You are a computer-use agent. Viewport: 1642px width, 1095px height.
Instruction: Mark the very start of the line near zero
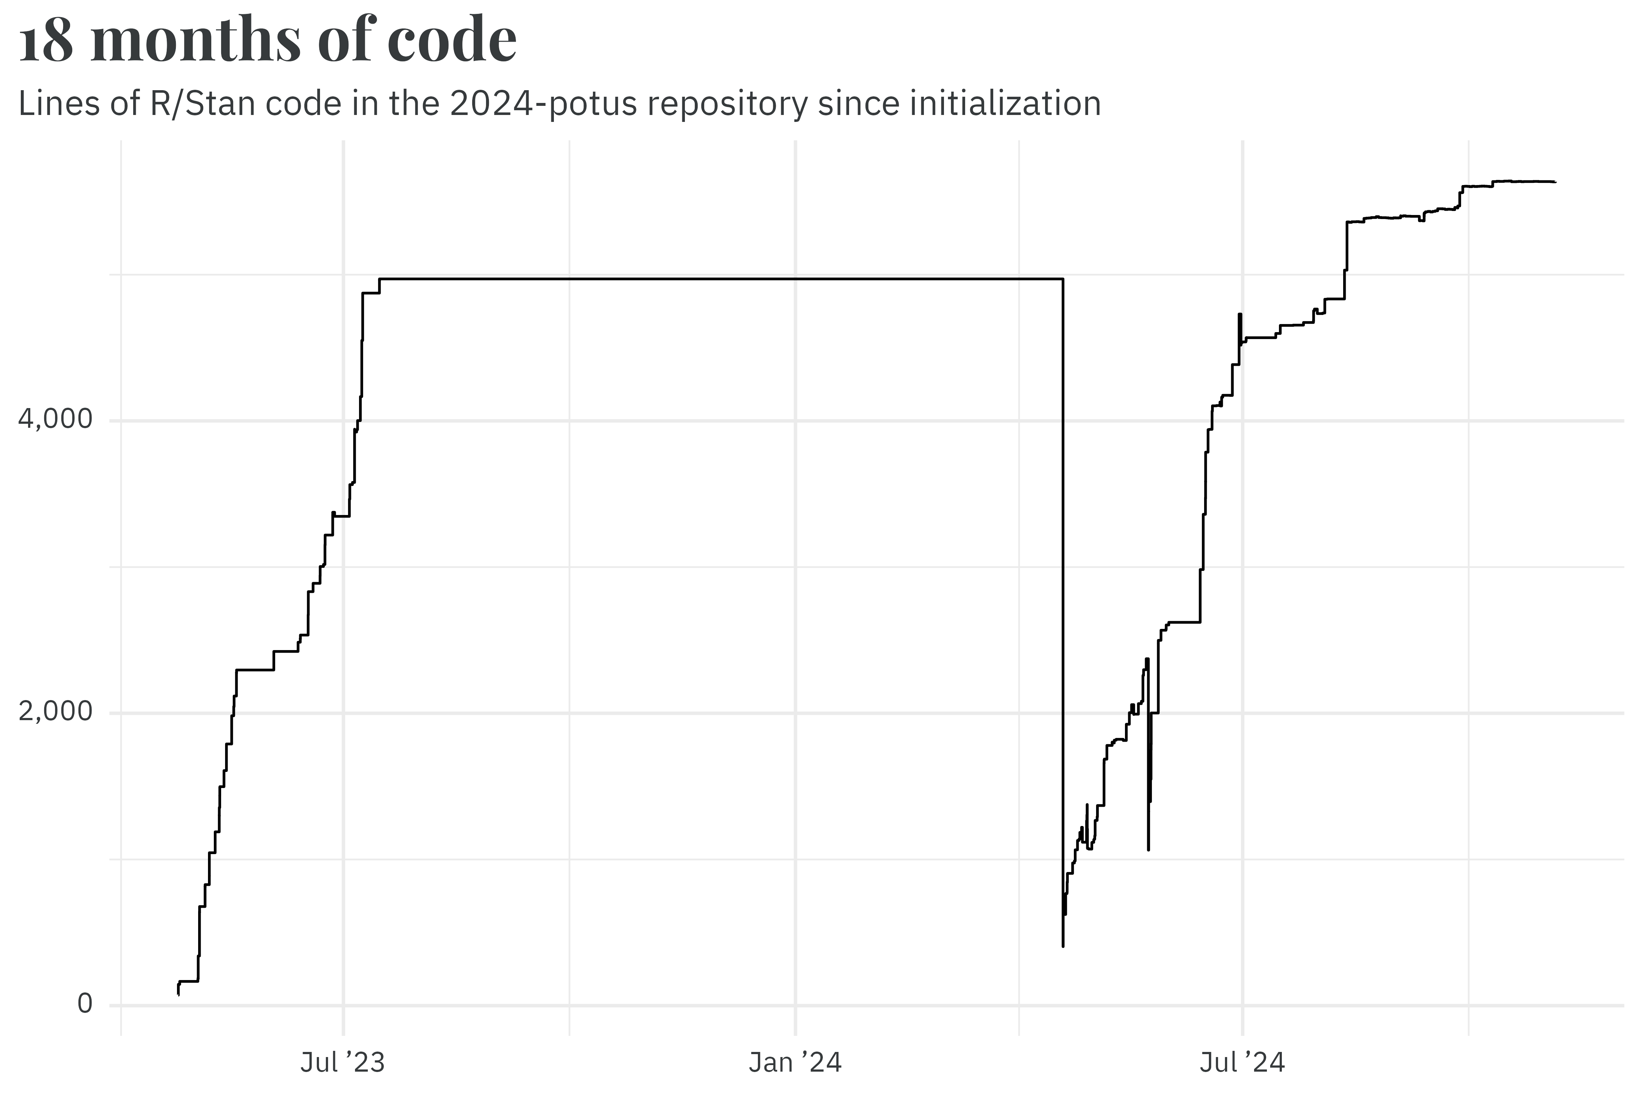point(179,994)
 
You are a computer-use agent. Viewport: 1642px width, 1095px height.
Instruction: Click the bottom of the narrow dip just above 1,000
point(1148,850)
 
